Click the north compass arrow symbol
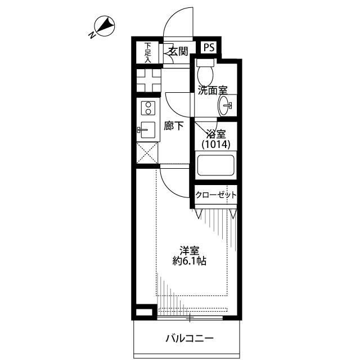click(x=105, y=26)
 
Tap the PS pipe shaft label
click(x=209, y=47)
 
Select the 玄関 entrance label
click(x=178, y=51)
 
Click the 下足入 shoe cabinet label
click(x=148, y=52)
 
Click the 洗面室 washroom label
click(x=213, y=90)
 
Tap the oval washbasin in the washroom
click(x=224, y=106)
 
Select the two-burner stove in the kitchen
click(x=148, y=108)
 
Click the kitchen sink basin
click(x=147, y=130)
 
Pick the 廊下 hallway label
click(x=174, y=125)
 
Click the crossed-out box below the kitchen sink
click(x=147, y=152)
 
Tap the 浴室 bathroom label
click(x=216, y=134)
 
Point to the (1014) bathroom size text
click(x=216, y=145)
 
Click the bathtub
click(x=216, y=165)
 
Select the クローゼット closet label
click(x=216, y=195)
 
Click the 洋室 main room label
click(x=190, y=251)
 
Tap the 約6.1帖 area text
click(x=190, y=261)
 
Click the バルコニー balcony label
click(x=190, y=338)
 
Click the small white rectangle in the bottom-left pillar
click(x=144, y=312)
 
